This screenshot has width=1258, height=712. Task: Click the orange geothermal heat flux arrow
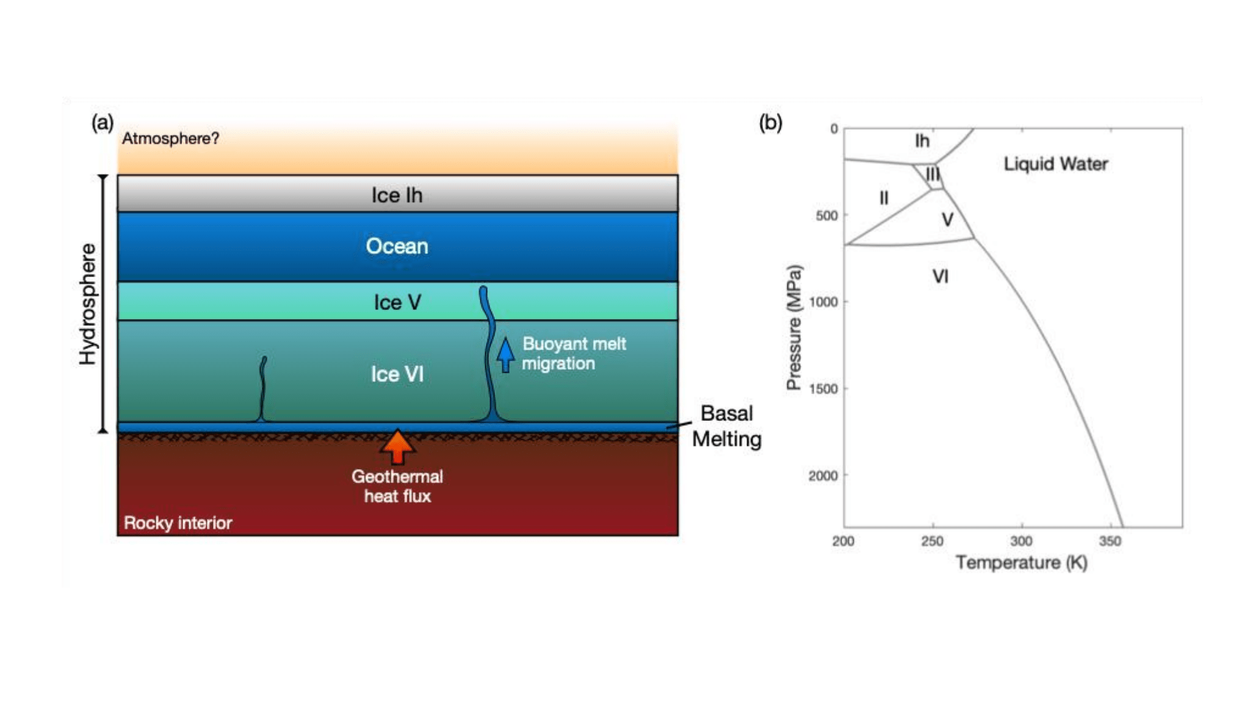coord(398,447)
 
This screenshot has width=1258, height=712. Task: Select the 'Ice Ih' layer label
coord(397,195)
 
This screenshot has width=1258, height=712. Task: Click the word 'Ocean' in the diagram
coord(397,246)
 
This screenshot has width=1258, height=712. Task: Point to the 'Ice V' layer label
coord(397,302)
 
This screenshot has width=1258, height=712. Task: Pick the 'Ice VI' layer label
coord(397,374)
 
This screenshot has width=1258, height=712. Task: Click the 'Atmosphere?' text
coord(170,138)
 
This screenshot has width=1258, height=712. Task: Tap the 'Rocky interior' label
coord(178,523)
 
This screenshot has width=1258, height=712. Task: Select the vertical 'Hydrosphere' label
coord(88,304)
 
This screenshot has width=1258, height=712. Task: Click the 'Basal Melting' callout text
coord(726,426)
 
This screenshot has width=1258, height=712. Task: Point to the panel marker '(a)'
coord(103,123)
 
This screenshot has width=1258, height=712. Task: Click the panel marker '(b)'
coord(770,123)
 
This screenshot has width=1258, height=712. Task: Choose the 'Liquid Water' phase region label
coord(1055,164)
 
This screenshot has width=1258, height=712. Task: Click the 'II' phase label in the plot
coord(883,198)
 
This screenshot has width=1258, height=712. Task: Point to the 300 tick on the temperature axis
coord(1021,541)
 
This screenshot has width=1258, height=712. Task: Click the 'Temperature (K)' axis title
coord(1021,562)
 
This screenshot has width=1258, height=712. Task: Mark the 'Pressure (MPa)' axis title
coord(793,327)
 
